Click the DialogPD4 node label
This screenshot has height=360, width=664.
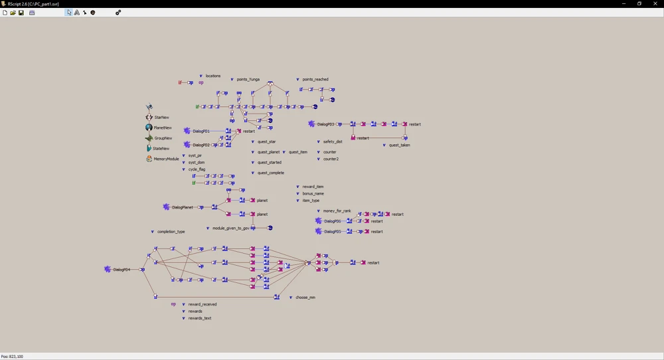(122, 270)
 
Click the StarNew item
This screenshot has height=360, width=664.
(161, 118)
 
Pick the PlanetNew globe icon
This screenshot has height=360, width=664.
(149, 128)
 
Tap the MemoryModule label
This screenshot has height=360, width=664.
(167, 159)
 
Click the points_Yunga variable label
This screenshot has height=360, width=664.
(248, 80)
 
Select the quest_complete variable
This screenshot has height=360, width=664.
(271, 173)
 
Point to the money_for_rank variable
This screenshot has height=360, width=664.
(337, 211)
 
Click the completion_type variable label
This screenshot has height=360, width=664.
(171, 232)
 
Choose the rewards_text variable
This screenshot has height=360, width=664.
(200, 318)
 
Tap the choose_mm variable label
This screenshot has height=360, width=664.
(305, 298)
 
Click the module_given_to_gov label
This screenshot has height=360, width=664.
(231, 228)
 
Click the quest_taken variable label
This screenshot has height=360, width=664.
(400, 145)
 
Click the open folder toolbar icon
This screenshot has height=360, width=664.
(13, 13)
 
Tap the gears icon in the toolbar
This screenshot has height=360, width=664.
(118, 13)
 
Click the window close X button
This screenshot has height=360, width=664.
(655, 3)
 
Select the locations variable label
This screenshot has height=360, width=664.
(212, 76)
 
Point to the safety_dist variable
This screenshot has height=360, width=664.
(333, 142)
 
